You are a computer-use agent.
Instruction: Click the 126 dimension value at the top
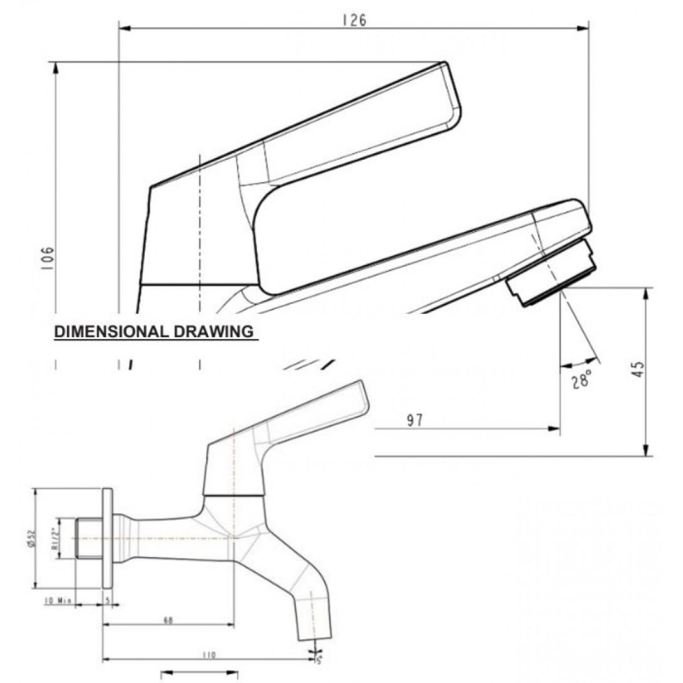coord(354,20)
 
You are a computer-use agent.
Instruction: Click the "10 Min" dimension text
coord(57,600)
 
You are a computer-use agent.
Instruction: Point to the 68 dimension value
coord(168,620)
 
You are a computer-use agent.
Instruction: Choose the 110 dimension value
coord(209,655)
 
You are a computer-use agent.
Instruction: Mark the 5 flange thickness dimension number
coord(107,600)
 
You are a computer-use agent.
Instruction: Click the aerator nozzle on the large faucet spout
coord(550,275)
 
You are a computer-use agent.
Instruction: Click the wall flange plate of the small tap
coord(107,538)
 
